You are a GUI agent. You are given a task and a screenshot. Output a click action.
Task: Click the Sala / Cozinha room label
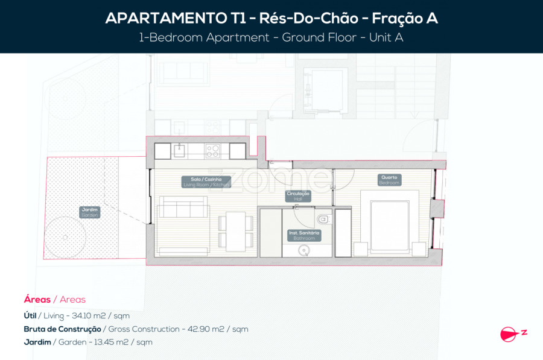(206, 182)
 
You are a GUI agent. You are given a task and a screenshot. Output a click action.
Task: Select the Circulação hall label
(298, 195)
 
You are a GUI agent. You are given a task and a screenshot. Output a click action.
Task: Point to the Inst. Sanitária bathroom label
(305, 235)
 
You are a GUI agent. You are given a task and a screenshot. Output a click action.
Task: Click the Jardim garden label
(89, 212)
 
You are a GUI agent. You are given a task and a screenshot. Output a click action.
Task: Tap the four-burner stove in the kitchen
(212, 151)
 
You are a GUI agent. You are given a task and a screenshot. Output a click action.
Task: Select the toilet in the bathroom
(323, 218)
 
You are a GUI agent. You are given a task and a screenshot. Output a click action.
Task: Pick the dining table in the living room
(236, 232)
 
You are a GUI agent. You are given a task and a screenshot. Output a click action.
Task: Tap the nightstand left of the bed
(361, 249)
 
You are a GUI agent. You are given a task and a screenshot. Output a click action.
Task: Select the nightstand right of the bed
(418, 248)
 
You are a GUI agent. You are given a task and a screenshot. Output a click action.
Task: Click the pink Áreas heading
(37, 300)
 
